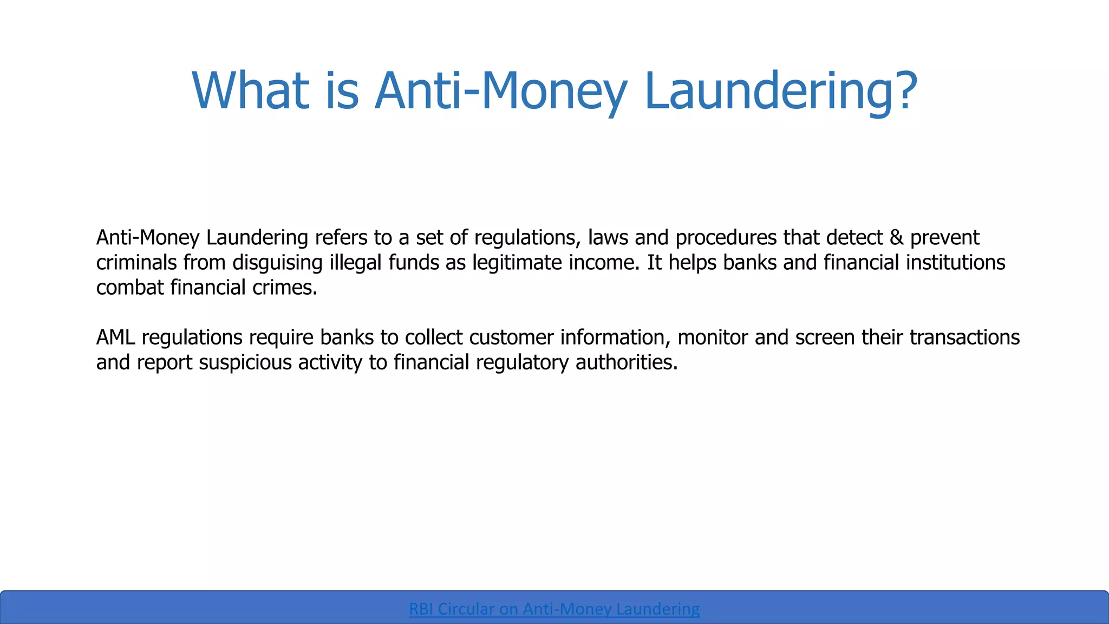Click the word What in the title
click(x=250, y=90)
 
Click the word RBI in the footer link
click(x=421, y=609)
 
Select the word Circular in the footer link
click(x=466, y=609)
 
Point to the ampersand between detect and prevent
click(x=896, y=238)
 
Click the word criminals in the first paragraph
click(x=136, y=263)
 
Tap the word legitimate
click(x=517, y=263)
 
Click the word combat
click(x=130, y=288)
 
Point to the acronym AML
click(x=115, y=337)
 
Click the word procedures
click(x=726, y=238)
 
